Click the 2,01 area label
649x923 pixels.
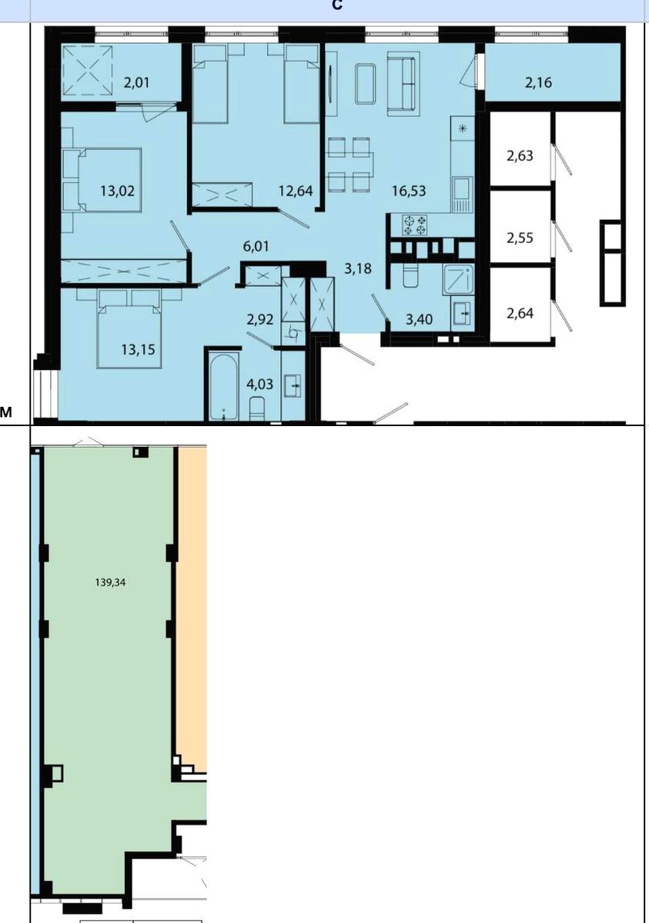136,82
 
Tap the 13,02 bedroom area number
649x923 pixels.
118,191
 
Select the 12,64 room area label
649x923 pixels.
296,191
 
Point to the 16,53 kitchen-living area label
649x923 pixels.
409,191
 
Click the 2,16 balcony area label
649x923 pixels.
538,82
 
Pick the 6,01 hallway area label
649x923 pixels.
256,246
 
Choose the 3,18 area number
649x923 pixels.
358,268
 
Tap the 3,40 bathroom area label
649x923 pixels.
420,319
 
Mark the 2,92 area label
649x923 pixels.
260,319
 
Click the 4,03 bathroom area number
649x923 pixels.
259,384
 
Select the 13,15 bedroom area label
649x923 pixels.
138,349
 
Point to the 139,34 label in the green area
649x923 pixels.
110,582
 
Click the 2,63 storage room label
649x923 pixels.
520,155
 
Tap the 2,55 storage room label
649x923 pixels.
520,238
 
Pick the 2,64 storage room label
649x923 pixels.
520,313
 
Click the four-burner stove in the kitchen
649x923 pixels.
415,225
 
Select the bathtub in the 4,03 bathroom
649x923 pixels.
223,385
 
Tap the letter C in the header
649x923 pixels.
337,5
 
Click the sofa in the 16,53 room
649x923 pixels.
403,84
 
